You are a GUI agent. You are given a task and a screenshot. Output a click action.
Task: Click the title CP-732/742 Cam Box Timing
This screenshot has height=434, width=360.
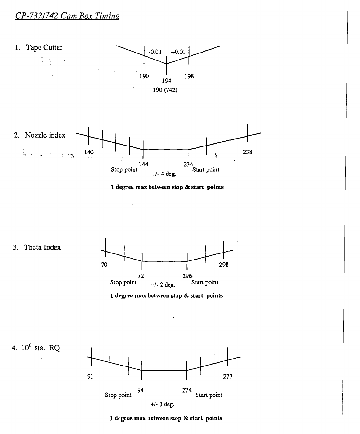tap(67, 16)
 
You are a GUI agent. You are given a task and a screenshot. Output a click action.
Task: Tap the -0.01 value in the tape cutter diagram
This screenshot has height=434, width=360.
tap(155, 52)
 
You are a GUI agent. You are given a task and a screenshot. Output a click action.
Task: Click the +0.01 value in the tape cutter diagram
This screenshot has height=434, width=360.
tap(178, 52)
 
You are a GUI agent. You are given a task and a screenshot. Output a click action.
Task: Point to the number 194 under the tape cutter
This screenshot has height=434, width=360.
tap(167, 81)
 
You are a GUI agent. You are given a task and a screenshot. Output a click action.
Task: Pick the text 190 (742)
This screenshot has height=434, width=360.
tap(165, 90)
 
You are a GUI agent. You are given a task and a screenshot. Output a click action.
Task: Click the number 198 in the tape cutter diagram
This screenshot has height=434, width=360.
tap(189, 76)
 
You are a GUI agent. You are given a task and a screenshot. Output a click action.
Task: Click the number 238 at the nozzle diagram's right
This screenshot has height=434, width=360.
tap(248, 152)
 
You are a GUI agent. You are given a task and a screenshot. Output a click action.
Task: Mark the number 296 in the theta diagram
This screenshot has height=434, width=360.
tap(187, 276)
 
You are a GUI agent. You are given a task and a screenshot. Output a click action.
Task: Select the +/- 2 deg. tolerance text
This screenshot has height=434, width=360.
tap(163, 285)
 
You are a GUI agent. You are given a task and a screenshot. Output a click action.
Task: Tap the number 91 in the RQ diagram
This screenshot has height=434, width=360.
tap(90, 377)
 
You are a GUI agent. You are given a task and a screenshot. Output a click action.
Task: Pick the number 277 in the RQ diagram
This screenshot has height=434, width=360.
tap(228, 377)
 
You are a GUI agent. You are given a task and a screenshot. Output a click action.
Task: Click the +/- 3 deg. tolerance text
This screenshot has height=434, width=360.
tap(162, 404)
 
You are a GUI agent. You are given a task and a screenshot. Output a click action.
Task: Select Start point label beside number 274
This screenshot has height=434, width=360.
tap(209, 395)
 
